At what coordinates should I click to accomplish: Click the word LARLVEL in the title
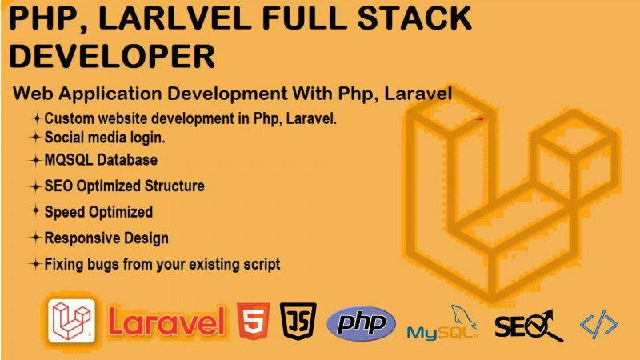(x=175, y=18)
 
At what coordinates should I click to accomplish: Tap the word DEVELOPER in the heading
(x=112, y=56)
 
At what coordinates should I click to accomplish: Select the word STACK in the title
(x=414, y=18)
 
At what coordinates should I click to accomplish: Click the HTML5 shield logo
(x=253, y=322)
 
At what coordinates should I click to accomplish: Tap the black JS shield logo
(x=298, y=322)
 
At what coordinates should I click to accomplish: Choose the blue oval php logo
(x=362, y=324)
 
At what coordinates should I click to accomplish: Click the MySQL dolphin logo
(x=443, y=322)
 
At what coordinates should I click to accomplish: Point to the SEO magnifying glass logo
(x=530, y=326)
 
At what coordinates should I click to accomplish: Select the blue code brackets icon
(x=598, y=325)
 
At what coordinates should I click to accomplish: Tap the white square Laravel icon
(x=71, y=321)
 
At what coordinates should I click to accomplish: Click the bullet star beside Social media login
(x=36, y=137)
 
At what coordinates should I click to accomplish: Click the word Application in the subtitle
(x=110, y=94)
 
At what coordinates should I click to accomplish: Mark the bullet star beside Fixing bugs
(x=36, y=264)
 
